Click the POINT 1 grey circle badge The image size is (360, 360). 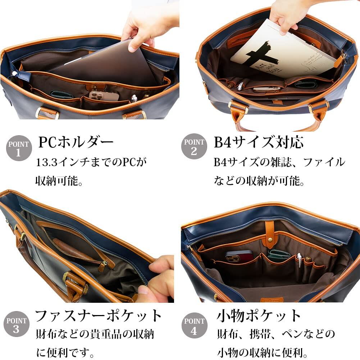point(19,148)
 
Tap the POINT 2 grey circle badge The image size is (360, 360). point(194,146)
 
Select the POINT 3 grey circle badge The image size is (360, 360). point(16,324)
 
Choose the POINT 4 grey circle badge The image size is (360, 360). point(194,325)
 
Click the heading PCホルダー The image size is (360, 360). point(76,142)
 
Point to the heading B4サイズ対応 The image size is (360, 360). point(259,142)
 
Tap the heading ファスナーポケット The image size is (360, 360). point(98,316)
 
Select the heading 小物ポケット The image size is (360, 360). point(259,316)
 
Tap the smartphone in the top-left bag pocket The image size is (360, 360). point(104,96)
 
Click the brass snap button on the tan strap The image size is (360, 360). point(270,240)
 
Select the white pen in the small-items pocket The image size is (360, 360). point(299,260)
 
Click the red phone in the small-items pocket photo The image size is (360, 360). point(239,256)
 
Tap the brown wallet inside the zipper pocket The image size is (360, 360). point(72,249)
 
